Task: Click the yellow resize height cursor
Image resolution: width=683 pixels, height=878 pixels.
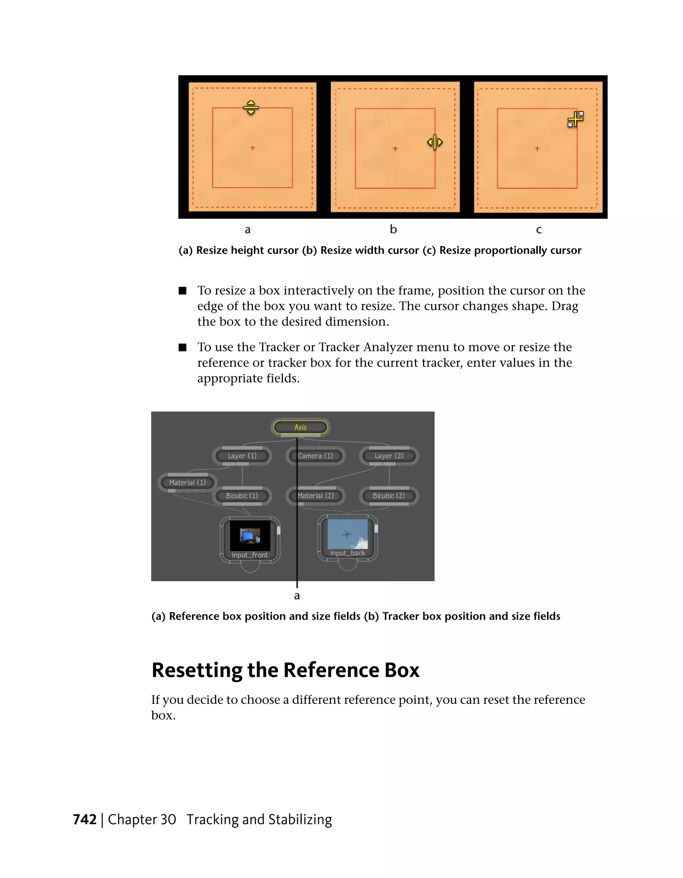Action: coord(251,107)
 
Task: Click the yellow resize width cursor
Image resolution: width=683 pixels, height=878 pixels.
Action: coord(435,142)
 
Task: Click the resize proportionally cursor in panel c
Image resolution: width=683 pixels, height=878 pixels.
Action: coord(575,119)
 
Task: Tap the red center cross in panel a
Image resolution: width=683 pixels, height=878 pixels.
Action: coord(252,148)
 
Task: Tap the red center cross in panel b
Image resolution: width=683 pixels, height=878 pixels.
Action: coord(395,149)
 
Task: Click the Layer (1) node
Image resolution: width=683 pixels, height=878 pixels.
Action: coord(242,456)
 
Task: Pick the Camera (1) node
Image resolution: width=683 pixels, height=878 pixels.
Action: coord(315,456)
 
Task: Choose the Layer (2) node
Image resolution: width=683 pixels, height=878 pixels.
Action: coord(389,456)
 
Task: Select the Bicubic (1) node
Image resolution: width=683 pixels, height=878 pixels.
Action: coord(242,495)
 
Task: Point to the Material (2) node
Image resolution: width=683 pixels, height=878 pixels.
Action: coord(315,495)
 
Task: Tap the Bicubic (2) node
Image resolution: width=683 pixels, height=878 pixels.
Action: coord(389,495)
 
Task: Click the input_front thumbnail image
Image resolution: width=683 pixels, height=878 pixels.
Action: coord(250,536)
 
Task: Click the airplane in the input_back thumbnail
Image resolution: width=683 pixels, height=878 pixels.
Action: coord(346,534)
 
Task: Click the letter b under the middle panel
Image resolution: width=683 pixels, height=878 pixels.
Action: coord(393,229)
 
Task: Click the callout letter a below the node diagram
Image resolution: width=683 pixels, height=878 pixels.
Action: coord(297,596)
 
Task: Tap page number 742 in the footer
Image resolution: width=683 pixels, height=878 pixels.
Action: coord(85,819)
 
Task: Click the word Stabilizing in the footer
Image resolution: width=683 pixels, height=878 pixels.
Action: coord(300,819)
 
